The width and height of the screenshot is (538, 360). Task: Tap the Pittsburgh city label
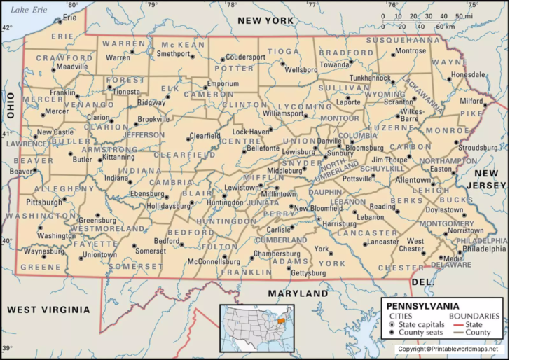pyautogui.click(x=44, y=202)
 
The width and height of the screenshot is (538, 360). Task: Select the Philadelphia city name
pyautogui.click(x=484, y=248)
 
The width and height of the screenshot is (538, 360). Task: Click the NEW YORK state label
pyautogui.click(x=265, y=21)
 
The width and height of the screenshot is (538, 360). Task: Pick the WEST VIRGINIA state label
pyautogui.click(x=41, y=309)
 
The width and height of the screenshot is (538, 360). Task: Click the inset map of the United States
pyautogui.click(x=256, y=327)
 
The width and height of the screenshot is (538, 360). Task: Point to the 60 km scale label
pyautogui.click(x=444, y=27)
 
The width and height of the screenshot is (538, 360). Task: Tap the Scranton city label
pyautogui.click(x=399, y=102)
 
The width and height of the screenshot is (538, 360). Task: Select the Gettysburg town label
pyautogui.click(x=308, y=272)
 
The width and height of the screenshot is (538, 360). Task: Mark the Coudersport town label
pyautogui.click(x=245, y=57)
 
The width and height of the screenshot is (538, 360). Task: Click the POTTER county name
pyautogui.click(x=234, y=68)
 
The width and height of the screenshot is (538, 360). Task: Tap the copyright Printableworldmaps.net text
pyautogui.click(x=448, y=349)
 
